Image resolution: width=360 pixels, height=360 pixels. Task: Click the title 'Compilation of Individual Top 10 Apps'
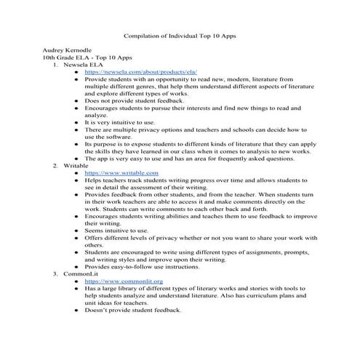[180, 35]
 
